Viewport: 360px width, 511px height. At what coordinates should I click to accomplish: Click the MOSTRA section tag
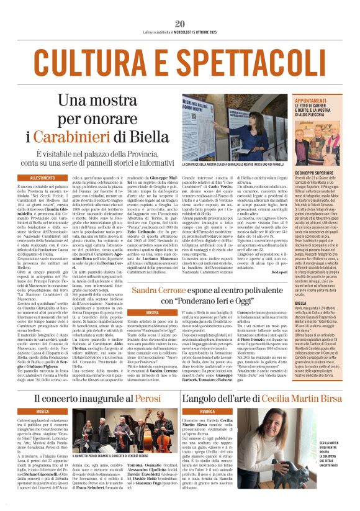[x=153, y=312]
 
